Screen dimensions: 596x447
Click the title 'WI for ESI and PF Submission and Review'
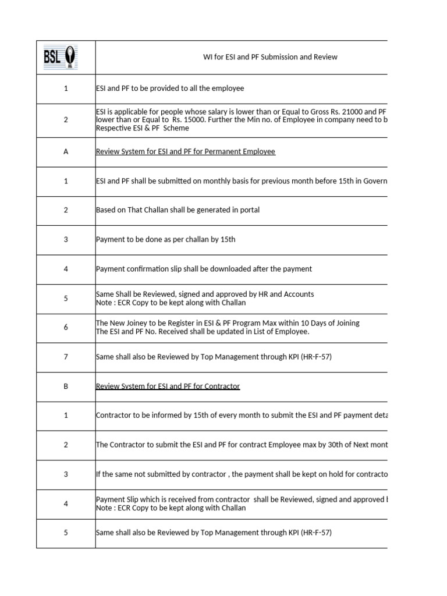269,57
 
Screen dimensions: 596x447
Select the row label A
66,152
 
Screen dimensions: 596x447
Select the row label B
66,386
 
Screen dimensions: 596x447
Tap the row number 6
66,328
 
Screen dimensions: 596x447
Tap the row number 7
66,357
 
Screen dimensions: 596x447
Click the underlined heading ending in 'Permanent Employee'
185,152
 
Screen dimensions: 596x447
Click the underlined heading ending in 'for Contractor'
168,386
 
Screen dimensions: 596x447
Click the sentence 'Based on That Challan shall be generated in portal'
178,210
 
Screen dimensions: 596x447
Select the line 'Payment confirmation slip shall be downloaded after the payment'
204,269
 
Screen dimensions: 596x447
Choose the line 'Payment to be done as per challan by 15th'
165,240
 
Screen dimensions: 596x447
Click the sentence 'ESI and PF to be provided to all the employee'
169,88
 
